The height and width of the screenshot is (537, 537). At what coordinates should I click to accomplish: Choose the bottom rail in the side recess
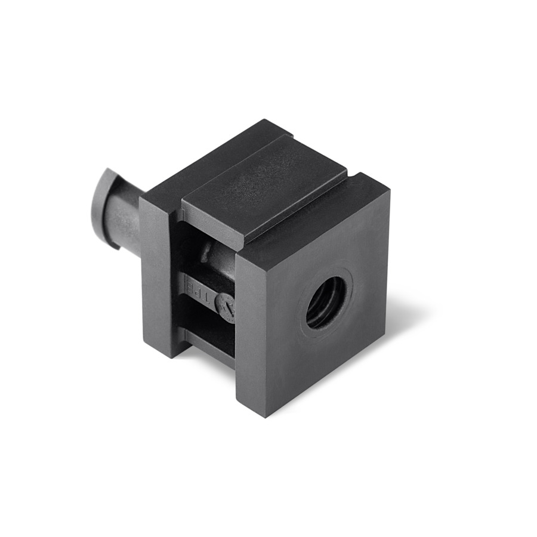[x=206, y=352]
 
